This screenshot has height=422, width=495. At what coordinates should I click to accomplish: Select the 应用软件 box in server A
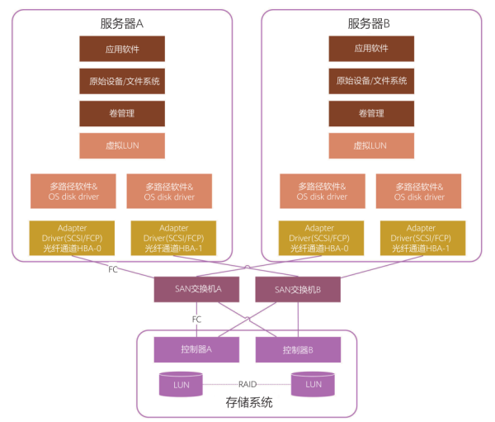123,49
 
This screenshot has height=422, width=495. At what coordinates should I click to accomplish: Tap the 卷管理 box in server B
370,113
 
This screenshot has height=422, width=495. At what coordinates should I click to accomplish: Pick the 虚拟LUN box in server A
123,145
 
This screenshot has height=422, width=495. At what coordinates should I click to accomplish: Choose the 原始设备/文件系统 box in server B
370,81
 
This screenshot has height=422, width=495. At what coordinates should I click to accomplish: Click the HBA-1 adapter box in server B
421,238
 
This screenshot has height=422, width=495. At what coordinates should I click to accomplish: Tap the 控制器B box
298,349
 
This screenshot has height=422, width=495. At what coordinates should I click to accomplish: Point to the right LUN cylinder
313,385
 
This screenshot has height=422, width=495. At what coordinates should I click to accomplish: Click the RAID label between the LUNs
247,385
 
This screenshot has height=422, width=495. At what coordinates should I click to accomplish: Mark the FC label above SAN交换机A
113,269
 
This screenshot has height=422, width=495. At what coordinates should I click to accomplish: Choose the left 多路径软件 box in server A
73,192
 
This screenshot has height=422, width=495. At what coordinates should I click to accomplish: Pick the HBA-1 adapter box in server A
170,238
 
